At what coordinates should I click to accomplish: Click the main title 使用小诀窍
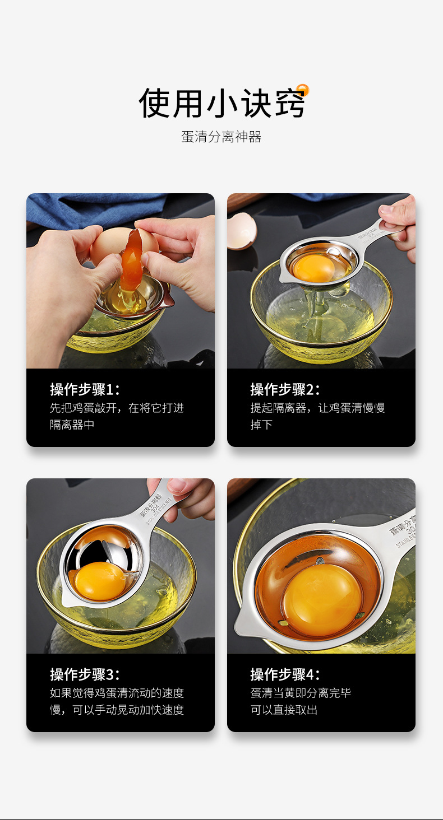[x=221, y=102]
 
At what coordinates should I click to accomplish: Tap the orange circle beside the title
[x=303, y=90]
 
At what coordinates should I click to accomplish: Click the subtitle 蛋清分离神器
[x=221, y=137]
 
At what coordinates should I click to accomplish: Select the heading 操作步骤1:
[x=85, y=389]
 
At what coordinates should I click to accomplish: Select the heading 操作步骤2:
[x=285, y=389]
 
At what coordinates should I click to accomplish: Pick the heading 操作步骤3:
[x=85, y=674]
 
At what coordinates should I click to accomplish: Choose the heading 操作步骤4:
[x=285, y=674]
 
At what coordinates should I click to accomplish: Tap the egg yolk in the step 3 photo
[x=99, y=581]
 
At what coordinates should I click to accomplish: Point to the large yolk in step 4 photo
[x=322, y=599]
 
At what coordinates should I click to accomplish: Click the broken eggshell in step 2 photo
[x=242, y=230]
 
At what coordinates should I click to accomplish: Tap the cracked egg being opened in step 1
[x=118, y=246]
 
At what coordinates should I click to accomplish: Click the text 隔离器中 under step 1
[x=72, y=425]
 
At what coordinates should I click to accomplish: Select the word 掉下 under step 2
[x=261, y=425]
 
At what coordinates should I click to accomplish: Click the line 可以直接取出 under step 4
[x=284, y=710]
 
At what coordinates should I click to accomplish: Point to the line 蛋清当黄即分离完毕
[x=301, y=693]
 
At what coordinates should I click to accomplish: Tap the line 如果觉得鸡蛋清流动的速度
[x=117, y=693]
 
